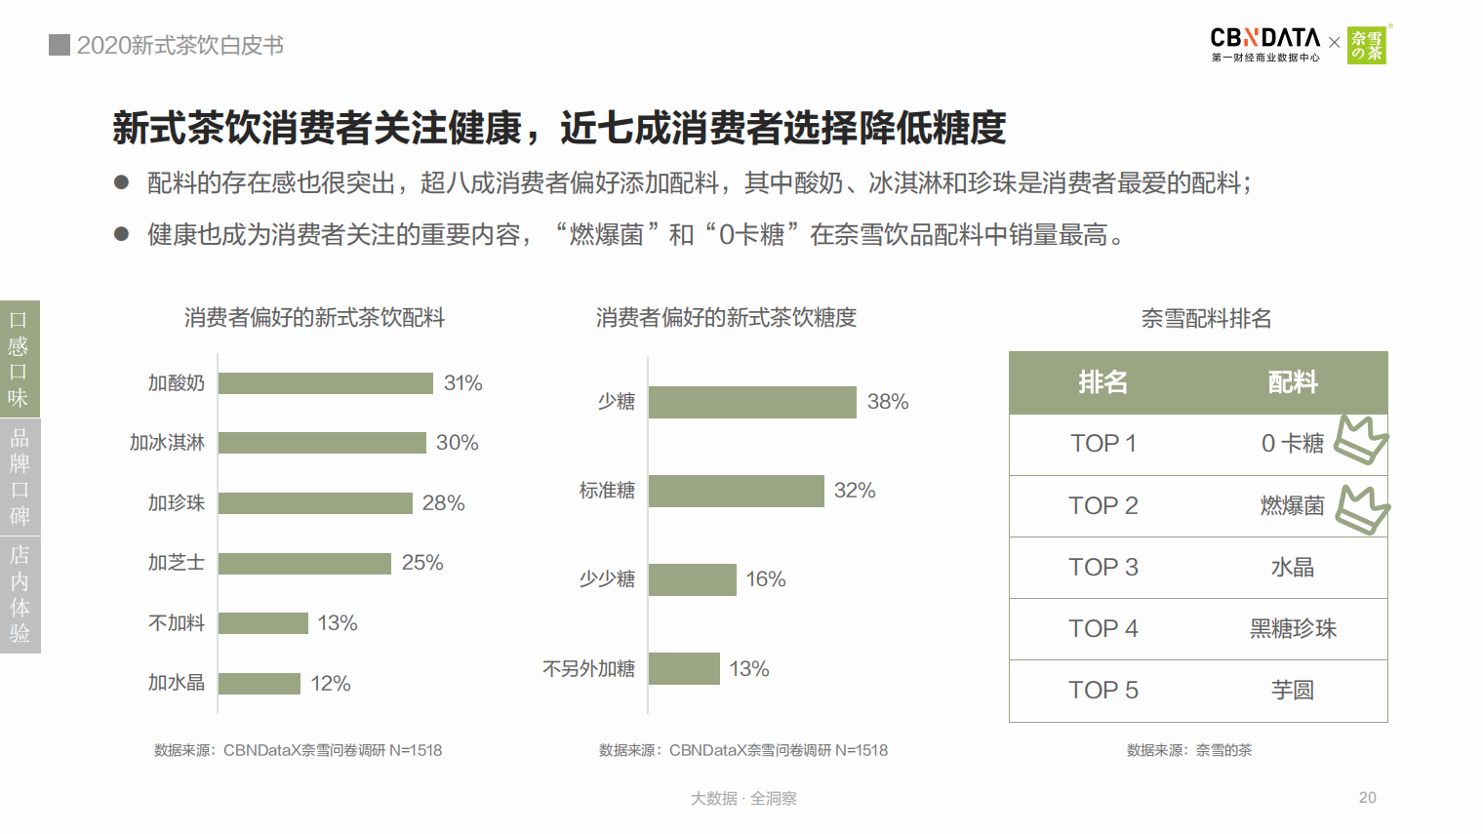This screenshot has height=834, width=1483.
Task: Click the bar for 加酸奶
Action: tap(325, 383)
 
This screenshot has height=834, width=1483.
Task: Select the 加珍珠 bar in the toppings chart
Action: tap(315, 503)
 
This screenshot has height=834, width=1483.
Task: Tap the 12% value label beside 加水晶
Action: tap(331, 684)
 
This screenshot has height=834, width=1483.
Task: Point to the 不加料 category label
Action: tap(177, 623)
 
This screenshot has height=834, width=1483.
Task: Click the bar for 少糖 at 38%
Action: tap(752, 402)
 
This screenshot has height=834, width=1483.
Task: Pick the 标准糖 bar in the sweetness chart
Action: tap(736, 491)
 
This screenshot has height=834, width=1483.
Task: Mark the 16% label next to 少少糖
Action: tap(766, 579)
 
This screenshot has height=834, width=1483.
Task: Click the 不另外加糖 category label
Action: tap(588, 669)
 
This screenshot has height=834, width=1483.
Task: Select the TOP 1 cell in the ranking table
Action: tap(1103, 444)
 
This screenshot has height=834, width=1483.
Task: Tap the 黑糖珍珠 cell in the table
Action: tap(1293, 629)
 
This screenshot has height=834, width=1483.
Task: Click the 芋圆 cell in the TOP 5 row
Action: tap(1293, 691)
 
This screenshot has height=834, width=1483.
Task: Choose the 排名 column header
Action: tap(1103, 382)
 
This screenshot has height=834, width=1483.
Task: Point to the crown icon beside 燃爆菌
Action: tap(1362, 509)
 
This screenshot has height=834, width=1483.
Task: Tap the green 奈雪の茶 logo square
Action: tap(1367, 45)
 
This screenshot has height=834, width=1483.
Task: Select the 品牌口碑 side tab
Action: tap(20, 477)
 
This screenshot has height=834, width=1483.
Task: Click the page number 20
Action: tap(1368, 798)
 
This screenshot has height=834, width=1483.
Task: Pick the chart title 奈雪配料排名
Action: tap(1206, 319)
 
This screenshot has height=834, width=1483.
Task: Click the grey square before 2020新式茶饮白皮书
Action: tap(60, 45)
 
